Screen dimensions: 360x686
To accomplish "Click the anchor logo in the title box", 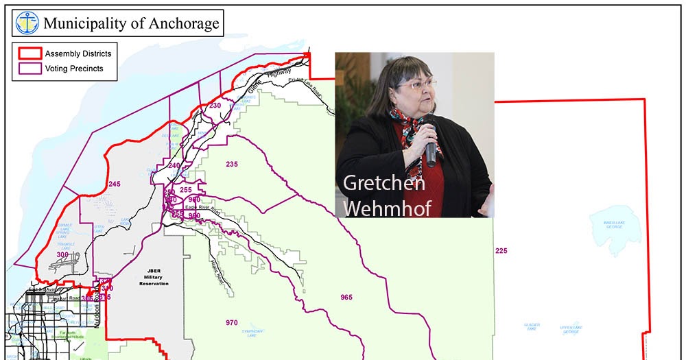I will tap(27, 23).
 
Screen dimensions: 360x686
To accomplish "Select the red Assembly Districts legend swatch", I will tap(29, 53).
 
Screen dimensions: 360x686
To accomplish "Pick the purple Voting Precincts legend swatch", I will tap(29, 68).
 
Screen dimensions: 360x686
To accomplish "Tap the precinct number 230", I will tap(215, 106).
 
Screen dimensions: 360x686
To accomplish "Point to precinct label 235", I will tap(232, 164).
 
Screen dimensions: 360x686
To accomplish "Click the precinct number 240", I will tap(174, 166).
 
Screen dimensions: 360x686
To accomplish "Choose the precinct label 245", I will tap(114, 184).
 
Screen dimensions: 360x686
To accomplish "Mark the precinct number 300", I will tap(62, 255).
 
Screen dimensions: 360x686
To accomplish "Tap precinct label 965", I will tap(346, 297).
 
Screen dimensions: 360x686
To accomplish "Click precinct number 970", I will tap(232, 322).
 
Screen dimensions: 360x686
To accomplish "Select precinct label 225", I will tap(501, 251).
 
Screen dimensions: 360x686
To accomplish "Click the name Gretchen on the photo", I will tap(383, 183).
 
